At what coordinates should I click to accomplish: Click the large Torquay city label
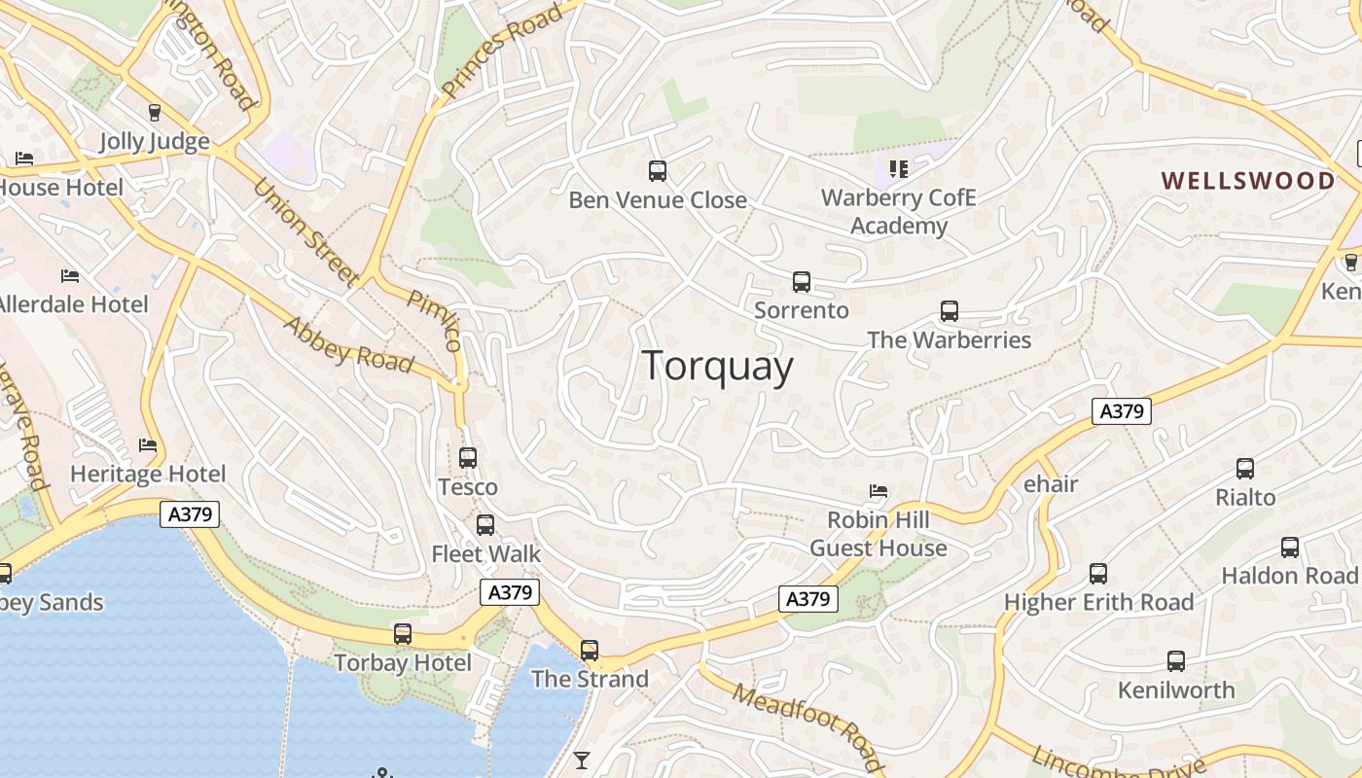718,367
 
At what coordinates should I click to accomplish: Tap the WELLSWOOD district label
1249,181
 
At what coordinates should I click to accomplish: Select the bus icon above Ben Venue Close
658,171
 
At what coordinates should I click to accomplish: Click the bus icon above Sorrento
802,282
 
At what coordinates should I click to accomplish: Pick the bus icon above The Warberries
950,311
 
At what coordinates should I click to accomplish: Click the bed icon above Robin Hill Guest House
878,491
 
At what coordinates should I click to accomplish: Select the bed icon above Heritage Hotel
148,445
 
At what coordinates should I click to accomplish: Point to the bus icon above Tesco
468,457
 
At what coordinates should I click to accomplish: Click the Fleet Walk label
485,553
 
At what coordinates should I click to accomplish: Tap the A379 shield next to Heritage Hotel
190,514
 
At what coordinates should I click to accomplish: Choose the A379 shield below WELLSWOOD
1121,411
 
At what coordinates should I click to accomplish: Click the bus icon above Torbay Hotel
403,634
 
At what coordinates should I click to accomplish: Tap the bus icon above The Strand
590,650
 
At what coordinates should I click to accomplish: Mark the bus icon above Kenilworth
1176,661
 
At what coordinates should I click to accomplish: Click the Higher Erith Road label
1098,602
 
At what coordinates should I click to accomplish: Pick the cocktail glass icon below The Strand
582,760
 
